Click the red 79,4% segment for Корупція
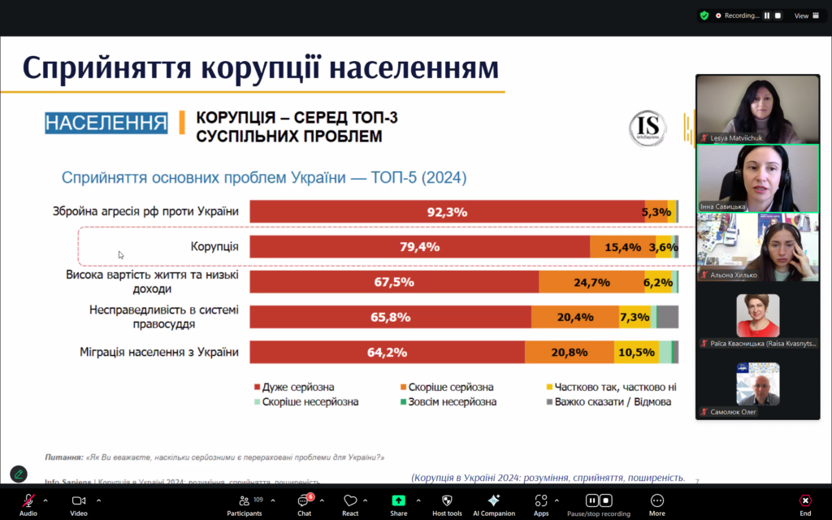pos(419,247)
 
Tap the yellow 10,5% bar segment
pos(635,352)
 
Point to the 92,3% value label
pos(446,212)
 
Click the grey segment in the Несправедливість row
pos(667,317)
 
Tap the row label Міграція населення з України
pos(159,352)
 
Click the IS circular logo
pos(648,129)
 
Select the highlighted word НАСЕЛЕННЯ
pos(106,123)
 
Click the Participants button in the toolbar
pos(245,505)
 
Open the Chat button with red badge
pos(304,505)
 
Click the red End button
pos(804,505)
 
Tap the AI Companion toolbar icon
pos(493,505)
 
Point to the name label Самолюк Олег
pos(733,412)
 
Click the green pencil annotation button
pos(18,474)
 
